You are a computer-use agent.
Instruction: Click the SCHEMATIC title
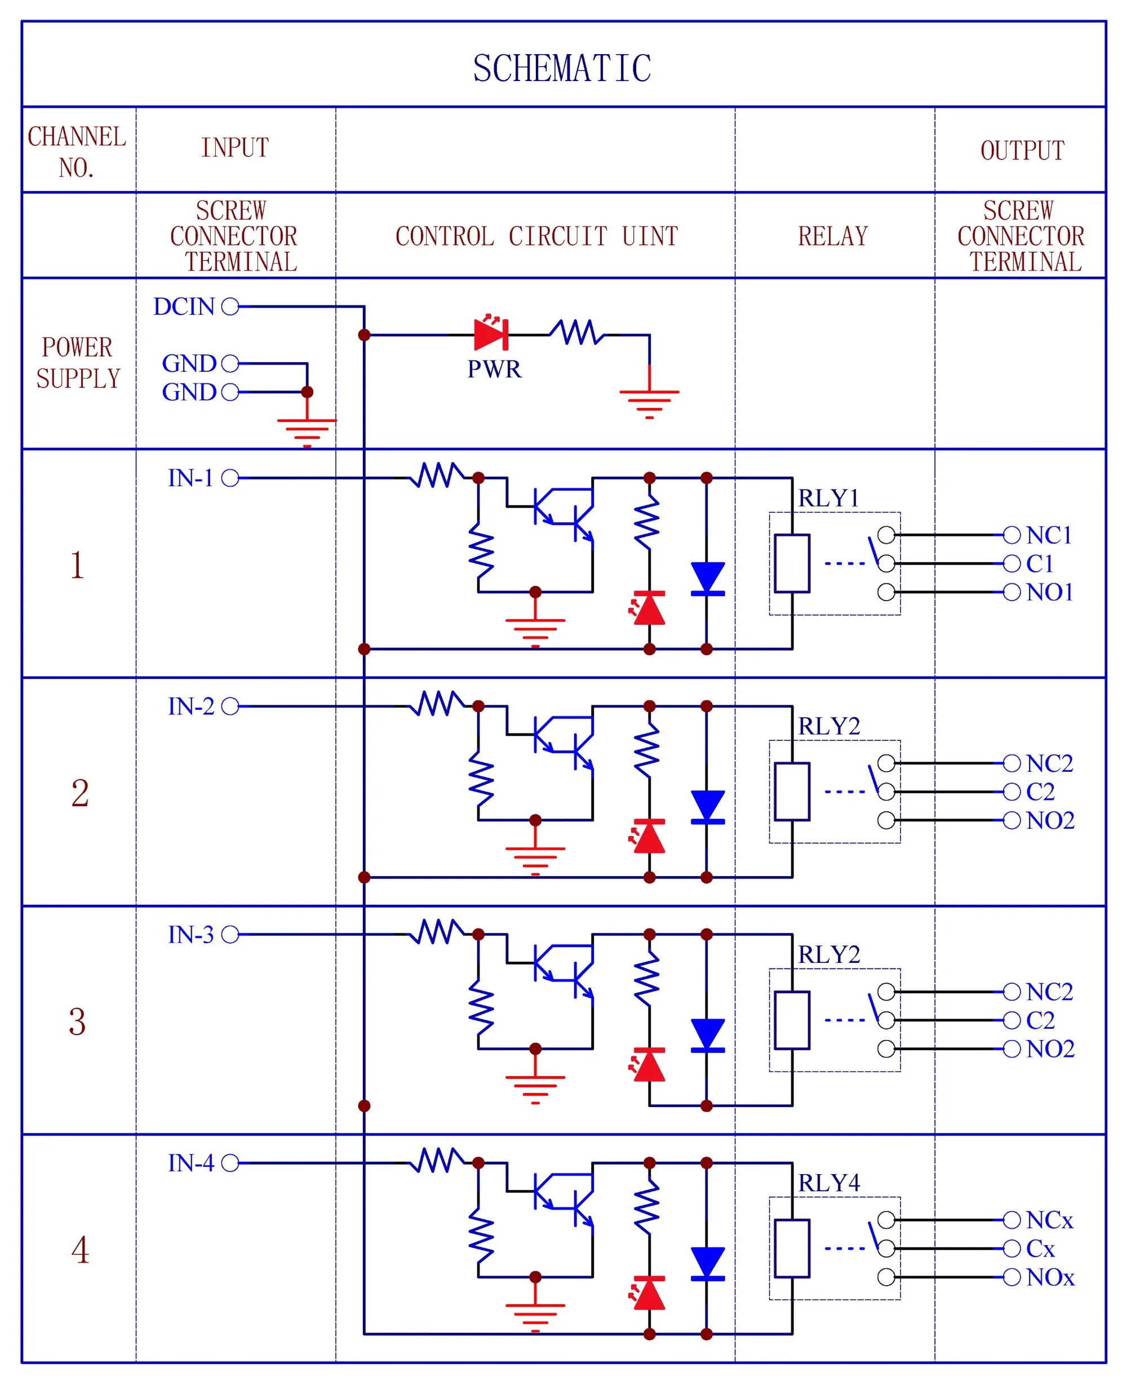point(562,69)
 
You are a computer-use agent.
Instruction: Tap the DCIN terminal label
point(184,306)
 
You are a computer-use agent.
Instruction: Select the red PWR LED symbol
point(491,335)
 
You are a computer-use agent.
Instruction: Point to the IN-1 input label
point(190,478)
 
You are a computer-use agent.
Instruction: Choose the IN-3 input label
point(190,935)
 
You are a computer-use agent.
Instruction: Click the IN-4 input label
point(190,1163)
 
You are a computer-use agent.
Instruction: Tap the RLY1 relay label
point(828,499)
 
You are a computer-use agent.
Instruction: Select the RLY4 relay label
point(828,1183)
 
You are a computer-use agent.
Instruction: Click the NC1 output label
point(1049,536)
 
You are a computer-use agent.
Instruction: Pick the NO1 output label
point(1050,592)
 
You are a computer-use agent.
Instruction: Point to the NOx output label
point(1050,1277)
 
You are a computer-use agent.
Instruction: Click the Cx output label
point(1040,1249)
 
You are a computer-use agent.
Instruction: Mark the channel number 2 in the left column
point(79,793)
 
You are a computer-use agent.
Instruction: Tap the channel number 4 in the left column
point(79,1250)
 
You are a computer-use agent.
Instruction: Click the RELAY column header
point(833,236)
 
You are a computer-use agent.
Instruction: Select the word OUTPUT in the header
point(1023,150)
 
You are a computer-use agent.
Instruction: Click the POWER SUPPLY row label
point(78,363)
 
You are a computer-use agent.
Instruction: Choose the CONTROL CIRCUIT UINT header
point(536,236)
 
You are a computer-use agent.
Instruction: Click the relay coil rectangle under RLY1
point(792,563)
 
